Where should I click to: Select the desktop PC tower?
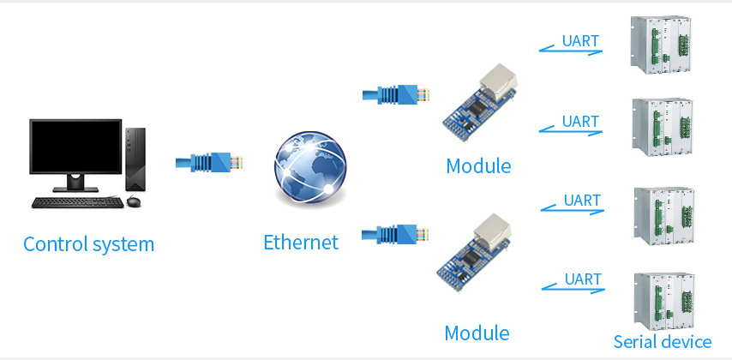(135, 159)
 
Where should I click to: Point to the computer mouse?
(133, 201)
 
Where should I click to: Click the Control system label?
(89, 244)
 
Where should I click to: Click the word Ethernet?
(301, 243)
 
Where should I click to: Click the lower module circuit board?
(477, 252)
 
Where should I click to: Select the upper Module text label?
(478, 165)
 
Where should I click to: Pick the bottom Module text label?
(477, 333)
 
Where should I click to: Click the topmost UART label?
(580, 40)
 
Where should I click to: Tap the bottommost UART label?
(583, 279)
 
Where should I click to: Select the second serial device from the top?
(662, 129)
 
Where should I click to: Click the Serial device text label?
(662, 342)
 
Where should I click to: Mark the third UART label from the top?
(582, 201)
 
